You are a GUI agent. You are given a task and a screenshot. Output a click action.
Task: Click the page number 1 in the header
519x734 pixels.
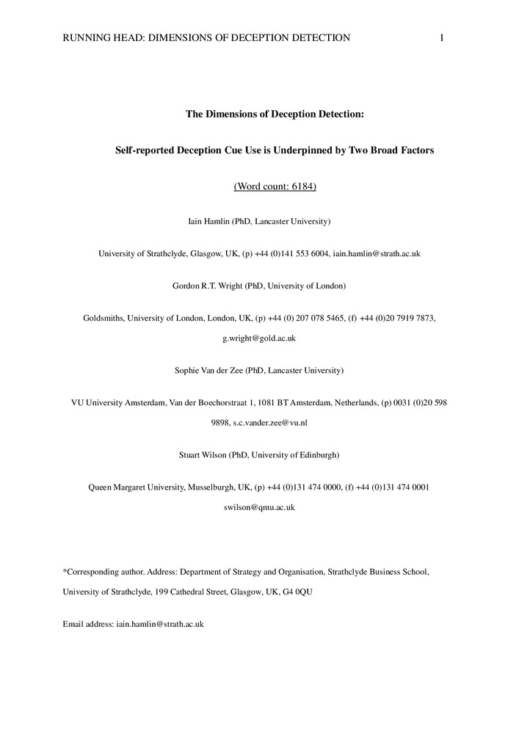(x=442, y=38)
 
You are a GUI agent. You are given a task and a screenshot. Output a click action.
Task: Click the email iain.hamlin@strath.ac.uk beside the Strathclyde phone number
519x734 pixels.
(x=376, y=253)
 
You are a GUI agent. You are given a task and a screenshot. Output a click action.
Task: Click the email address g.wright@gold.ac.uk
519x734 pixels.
(x=259, y=338)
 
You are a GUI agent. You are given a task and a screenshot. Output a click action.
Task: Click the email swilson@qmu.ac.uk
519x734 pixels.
(x=259, y=507)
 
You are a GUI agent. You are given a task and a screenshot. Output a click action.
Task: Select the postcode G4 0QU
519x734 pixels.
(x=297, y=591)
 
